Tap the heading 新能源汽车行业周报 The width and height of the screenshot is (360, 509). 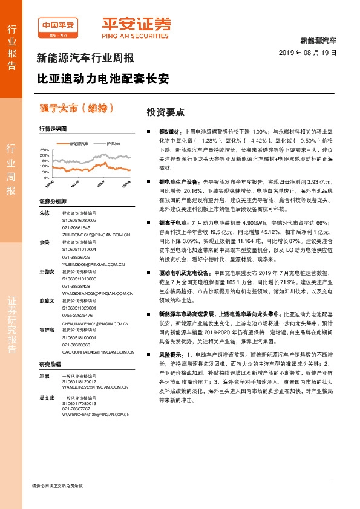tap(85, 59)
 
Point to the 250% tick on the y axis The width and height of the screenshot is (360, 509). tap(44, 149)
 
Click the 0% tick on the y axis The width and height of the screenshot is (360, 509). tap(47, 178)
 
